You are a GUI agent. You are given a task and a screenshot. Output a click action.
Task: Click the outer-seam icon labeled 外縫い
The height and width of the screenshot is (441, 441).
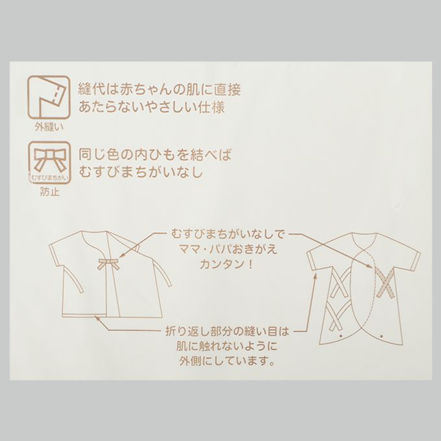click(x=49, y=97)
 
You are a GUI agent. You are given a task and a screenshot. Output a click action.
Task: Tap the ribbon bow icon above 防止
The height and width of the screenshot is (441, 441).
click(x=49, y=163)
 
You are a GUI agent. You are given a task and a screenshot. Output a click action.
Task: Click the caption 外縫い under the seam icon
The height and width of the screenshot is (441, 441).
click(x=49, y=127)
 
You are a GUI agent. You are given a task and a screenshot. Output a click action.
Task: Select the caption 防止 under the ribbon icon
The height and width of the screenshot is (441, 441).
click(x=49, y=192)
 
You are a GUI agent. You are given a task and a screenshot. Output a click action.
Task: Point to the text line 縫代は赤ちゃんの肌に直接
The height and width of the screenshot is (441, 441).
click(x=160, y=90)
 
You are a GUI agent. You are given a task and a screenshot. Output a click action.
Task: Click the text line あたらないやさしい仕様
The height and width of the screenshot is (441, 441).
click(x=152, y=108)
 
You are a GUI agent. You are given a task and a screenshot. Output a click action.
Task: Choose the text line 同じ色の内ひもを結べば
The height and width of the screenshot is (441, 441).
click(x=155, y=155)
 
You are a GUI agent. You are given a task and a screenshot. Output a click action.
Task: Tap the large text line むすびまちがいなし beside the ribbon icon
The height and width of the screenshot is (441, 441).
click(x=140, y=172)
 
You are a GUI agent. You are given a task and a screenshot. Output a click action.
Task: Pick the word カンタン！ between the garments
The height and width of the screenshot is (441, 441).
click(x=226, y=265)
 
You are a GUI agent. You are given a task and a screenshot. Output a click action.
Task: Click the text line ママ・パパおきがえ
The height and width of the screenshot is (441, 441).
click(x=228, y=250)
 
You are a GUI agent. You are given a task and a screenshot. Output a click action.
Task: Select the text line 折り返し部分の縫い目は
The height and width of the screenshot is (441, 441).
click(x=227, y=331)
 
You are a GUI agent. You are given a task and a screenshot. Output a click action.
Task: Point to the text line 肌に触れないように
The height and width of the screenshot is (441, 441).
click(x=227, y=346)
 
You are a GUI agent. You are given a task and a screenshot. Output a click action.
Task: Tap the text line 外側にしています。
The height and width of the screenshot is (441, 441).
click(x=227, y=361)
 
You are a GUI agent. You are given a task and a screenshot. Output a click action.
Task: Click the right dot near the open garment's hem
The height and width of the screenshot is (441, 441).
click(x=381, y=336)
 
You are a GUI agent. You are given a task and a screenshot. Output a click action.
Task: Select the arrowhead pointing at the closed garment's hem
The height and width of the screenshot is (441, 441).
click(x=97, y=318)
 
